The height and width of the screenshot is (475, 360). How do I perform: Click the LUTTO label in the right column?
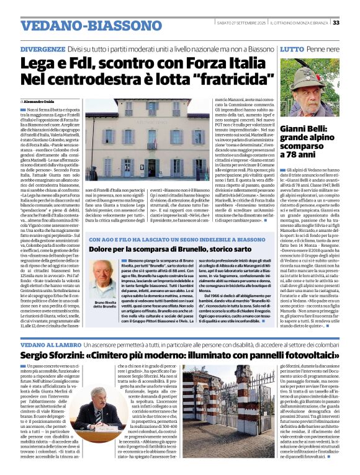click(x=292, y=48)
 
